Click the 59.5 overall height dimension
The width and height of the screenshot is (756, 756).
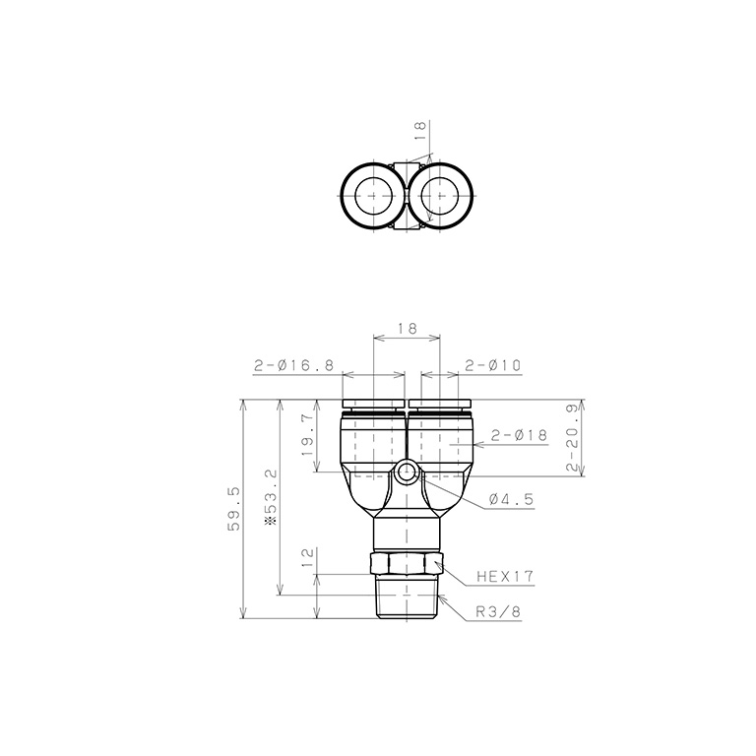click(x=233, y=509)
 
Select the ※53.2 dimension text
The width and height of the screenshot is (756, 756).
click(x=272, y=497)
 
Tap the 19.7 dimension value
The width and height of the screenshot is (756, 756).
click(x=309, y=436)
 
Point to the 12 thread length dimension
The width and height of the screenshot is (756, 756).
click(x=308, y=557)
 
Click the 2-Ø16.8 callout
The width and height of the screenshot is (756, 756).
click(x=293, y=365)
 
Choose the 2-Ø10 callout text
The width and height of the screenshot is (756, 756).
click(x=493, y=365)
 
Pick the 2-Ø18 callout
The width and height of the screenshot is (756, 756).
click(x=520, y=435)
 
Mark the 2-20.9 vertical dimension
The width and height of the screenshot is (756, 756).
click(x=572, y=438)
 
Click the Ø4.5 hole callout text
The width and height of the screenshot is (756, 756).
click(x=511, y=499)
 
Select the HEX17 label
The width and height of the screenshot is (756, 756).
click(x=505, y=576)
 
